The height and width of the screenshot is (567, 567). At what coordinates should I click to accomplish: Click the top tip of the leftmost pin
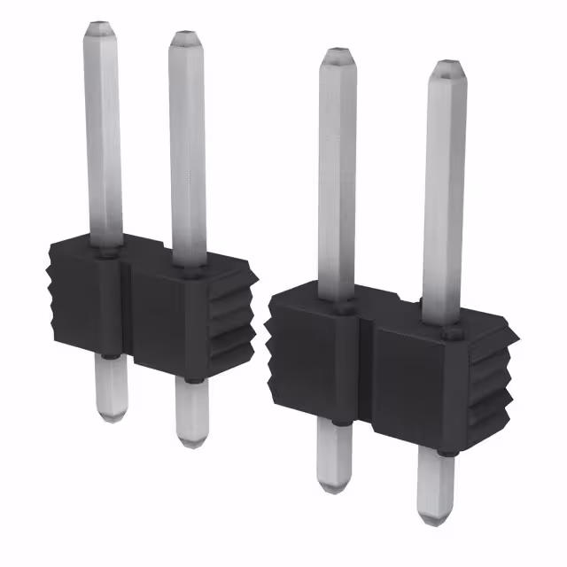[100, 26]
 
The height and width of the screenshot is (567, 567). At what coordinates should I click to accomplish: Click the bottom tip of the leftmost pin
[110, 416]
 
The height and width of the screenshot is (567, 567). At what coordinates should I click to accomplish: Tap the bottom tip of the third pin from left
[334, 487]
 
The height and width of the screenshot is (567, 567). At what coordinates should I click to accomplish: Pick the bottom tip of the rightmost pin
[435, 519]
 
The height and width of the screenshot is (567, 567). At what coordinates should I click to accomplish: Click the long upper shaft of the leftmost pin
[105, 133]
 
